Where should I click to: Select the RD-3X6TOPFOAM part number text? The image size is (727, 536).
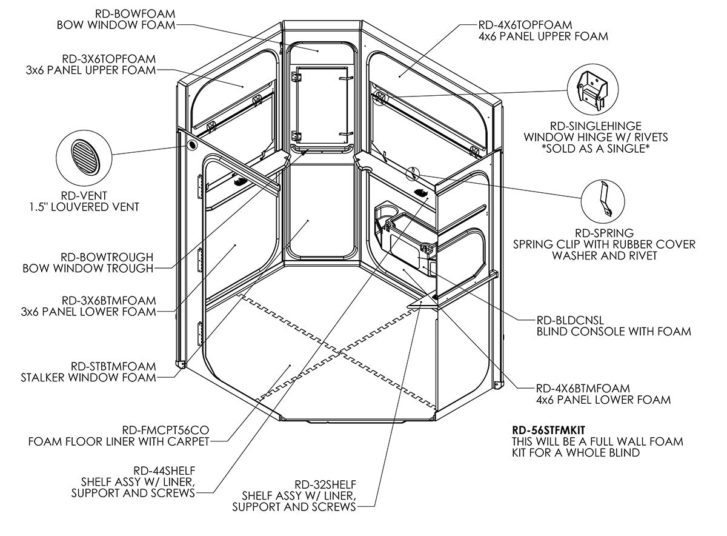[108, 59]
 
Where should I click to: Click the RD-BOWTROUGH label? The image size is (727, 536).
[107, 256]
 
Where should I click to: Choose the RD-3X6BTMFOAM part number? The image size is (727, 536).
[108, 300]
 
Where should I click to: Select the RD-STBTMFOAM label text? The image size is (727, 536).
[113, 366]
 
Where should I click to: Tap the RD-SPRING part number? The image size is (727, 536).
[604, 233]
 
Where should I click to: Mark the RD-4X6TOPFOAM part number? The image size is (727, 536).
[525, 25]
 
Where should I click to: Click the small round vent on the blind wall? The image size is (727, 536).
[191, 146]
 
